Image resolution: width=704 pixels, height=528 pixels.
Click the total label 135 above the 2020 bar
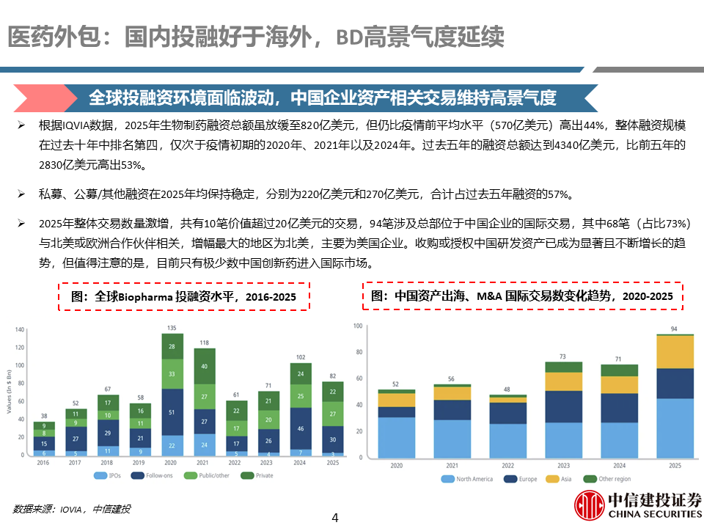pyautogui.click(x=172, y=327)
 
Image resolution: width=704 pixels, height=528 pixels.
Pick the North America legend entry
pyautogui.click(x=469, y=479)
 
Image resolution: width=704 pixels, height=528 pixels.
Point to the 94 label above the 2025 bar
pyautogui.click(x=673, y=329)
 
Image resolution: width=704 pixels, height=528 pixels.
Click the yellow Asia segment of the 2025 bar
pyautogui.click(x=673, y=352)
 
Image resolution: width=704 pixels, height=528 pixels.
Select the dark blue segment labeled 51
pyautogui.click(x=172, y=412)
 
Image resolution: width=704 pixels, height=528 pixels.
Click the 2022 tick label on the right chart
pyautogui.click(x=507, y=466)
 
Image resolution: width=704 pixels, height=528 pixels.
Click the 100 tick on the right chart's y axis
pyautogui.click(x=359, y=326)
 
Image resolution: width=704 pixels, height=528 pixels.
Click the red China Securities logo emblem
pyautogui.click(x=589, y=505)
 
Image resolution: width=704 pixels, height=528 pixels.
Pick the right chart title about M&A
pyautogui.click(x=522, y=296)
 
